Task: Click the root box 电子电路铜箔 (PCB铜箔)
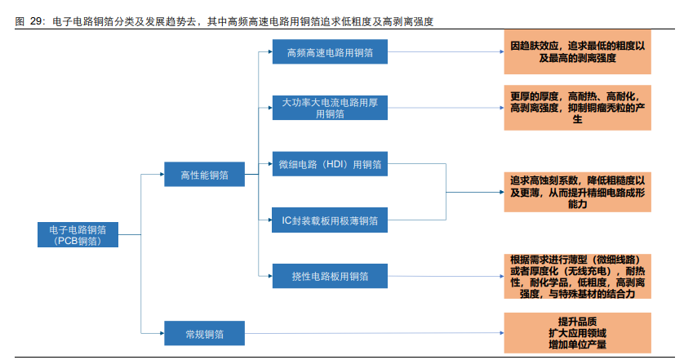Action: click(78, 234)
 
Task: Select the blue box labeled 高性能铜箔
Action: click(205, 174)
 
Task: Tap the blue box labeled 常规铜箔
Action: click(205, 333)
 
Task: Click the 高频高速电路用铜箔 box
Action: click(330, 53)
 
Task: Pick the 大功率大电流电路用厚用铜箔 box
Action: click(330, 108)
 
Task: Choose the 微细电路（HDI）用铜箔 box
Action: click(330, 164)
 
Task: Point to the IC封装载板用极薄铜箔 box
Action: click(330, 220)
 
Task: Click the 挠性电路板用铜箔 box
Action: click(330, 277)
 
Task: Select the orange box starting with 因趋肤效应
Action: click(577, 52)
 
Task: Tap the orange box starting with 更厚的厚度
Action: click(577, 108)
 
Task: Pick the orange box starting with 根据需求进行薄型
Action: click(577, 276)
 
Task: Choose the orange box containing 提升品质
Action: click(577, 333)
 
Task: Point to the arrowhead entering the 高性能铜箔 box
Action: click(160, 174)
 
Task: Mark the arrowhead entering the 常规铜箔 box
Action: click(160, 333)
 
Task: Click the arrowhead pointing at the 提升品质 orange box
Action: click(499, 333)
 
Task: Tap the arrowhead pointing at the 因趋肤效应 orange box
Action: click(499, 53)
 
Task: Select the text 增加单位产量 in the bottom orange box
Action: click(577, 346)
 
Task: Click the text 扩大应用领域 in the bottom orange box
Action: click(577, 334)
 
